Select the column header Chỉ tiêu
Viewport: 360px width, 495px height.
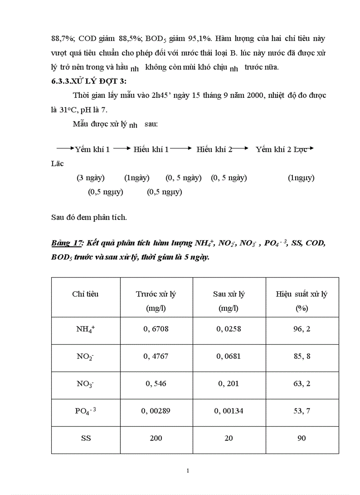(x=85, y=294)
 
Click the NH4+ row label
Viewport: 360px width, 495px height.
(x=85, y=329)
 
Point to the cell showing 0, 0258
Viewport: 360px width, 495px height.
(x=229, y=329)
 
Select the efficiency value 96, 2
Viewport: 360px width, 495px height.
(x=301, y=329)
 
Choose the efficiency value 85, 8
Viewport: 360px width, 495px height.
(x=301, y=356)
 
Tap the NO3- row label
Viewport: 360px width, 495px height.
(x=85, y=384)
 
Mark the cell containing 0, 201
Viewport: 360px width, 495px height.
(x=229, y=383)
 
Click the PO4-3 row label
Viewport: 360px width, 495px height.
(x=85, y=411)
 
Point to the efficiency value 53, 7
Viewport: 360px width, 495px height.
(x=301, y=411)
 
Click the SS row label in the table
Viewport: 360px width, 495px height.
(x=85, y=438)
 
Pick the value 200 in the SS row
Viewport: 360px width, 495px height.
(x=156, y=438)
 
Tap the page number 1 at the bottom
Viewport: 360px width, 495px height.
(x=188, y=471)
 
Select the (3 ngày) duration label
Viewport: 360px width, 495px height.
(x=90, y=178)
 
